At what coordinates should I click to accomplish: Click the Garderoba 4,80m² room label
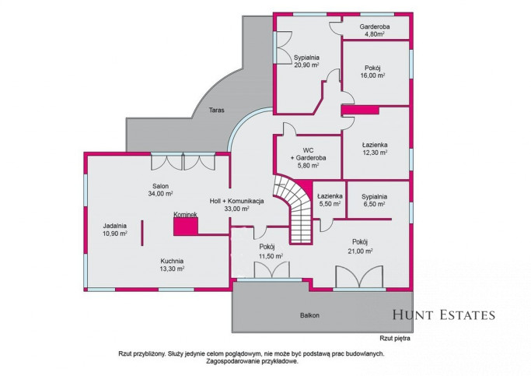374,30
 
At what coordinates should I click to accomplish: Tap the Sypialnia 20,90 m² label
306,61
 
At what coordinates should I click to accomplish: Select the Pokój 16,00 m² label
372,72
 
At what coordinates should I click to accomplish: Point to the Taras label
216,110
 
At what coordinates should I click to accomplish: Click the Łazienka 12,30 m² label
374,149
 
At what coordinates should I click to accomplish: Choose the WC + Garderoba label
308,158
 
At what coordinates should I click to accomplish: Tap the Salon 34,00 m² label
160,190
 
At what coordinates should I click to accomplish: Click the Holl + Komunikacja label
236,205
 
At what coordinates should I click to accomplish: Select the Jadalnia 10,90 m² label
115,229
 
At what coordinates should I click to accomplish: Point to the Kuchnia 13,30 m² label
172,265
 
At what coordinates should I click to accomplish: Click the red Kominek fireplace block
186,227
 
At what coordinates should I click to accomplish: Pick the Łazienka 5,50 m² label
330,200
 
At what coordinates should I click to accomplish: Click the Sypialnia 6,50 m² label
374,200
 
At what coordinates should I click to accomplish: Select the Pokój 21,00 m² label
360,247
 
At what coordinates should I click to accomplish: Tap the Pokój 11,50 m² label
271,251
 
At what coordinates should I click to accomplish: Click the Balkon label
309,315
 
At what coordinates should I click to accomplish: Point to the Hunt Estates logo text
444,315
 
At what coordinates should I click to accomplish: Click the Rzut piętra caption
395,338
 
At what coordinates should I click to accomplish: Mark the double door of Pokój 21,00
359,277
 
